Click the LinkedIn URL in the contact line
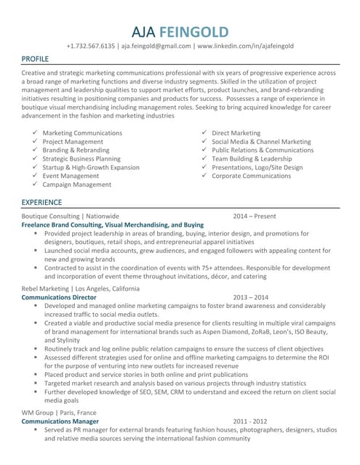point(245,46)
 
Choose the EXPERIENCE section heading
point(42,201)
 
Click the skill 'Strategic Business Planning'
point(81,158)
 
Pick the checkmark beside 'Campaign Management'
point(35,185)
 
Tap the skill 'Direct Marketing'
point(236,133)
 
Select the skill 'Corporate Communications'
point(251,176)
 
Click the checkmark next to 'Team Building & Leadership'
point(204,158)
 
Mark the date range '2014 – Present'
point(255,216)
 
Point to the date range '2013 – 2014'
point(251,297)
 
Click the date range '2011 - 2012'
point(250,421)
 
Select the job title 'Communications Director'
point(59,297)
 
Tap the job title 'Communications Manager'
point(60,421)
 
